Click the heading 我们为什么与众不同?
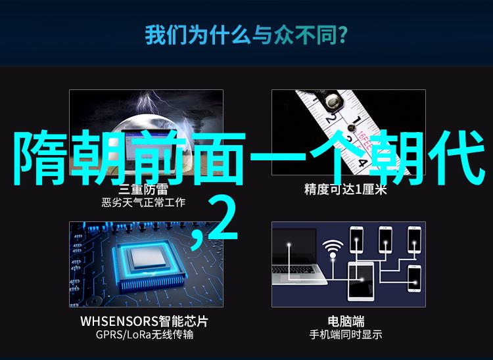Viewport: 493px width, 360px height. pos(246,35)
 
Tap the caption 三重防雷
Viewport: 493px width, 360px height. pos(143,189)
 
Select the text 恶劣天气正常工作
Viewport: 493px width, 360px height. pos(143,202)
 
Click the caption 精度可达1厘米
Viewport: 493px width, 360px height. pos(345,189)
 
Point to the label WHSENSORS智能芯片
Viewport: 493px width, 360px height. pos(144,321)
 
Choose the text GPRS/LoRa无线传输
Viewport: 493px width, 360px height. pos(145,334)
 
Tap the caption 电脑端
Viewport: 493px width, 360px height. pos(346,321)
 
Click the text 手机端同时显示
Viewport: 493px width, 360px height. pos(346,334)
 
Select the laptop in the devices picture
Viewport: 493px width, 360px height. pos(298,257)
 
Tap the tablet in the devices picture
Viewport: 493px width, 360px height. pos(361,281)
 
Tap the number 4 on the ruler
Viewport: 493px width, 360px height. pos(362,164)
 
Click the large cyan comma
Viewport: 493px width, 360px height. pos(198,240)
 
